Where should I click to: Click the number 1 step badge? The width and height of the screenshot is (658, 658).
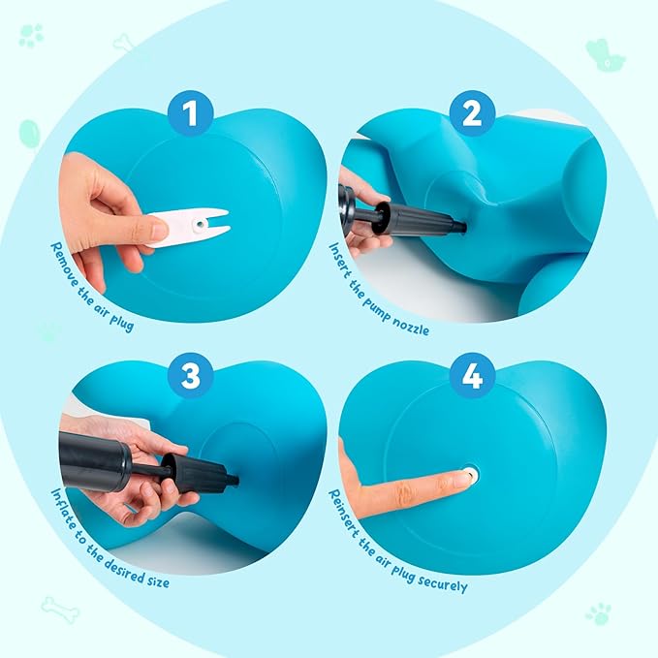pos(190,115)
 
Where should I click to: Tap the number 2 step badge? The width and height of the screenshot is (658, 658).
pos(472,114)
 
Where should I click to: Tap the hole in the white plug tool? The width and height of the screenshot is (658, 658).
pos(198,225)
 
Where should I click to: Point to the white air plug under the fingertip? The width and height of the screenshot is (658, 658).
pos(471,474)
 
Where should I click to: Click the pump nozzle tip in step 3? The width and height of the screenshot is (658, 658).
pos(233,479)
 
